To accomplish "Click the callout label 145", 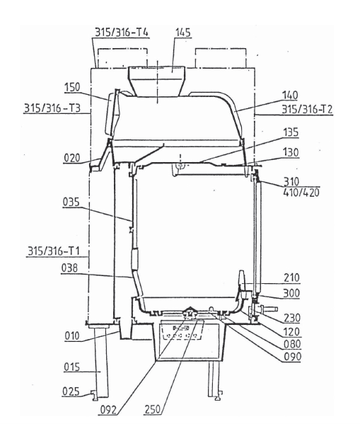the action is pos(183,33).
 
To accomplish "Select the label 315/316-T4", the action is pos(122,33).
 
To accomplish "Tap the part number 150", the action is pos(72,87).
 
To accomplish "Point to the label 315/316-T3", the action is pos(52,108).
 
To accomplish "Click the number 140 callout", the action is pos(290,95).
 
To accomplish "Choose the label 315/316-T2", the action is pos(307,109).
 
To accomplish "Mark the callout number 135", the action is pos(291,132).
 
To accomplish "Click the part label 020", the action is pos(72,158).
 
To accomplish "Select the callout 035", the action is pos(71,202).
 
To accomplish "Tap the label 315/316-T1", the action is pos(54,251).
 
